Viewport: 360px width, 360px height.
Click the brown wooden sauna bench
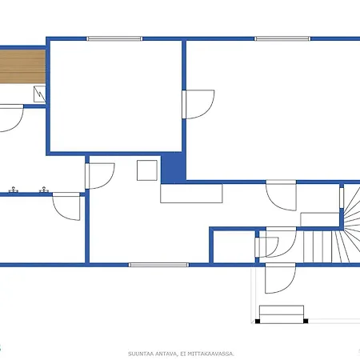click(22, 66)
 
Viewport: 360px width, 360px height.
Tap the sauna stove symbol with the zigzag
click(39, 94)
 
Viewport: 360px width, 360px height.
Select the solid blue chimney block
click(174, 168)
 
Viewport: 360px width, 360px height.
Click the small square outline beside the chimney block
click(147, 170)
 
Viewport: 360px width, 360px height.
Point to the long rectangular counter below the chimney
click(191, 194)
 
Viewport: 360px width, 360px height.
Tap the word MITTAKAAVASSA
click(210, 354)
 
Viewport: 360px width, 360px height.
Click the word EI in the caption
click(182, 354)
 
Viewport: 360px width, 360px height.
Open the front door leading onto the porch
click(280, 278)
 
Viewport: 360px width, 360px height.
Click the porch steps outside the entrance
click(282, 314)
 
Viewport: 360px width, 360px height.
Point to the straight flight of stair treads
click(318, 246)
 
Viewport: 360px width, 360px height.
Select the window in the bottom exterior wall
click(158, 265)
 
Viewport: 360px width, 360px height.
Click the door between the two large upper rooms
click(198, 104)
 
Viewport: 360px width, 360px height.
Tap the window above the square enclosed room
click(114, 39)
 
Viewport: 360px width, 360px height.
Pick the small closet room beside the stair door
click(234, 246)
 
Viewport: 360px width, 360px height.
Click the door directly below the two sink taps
click(66, 206)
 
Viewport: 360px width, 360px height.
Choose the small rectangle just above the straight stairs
click(320, 219)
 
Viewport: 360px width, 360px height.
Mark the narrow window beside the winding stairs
click(342, 198)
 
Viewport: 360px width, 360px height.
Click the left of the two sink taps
click(14, 190)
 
